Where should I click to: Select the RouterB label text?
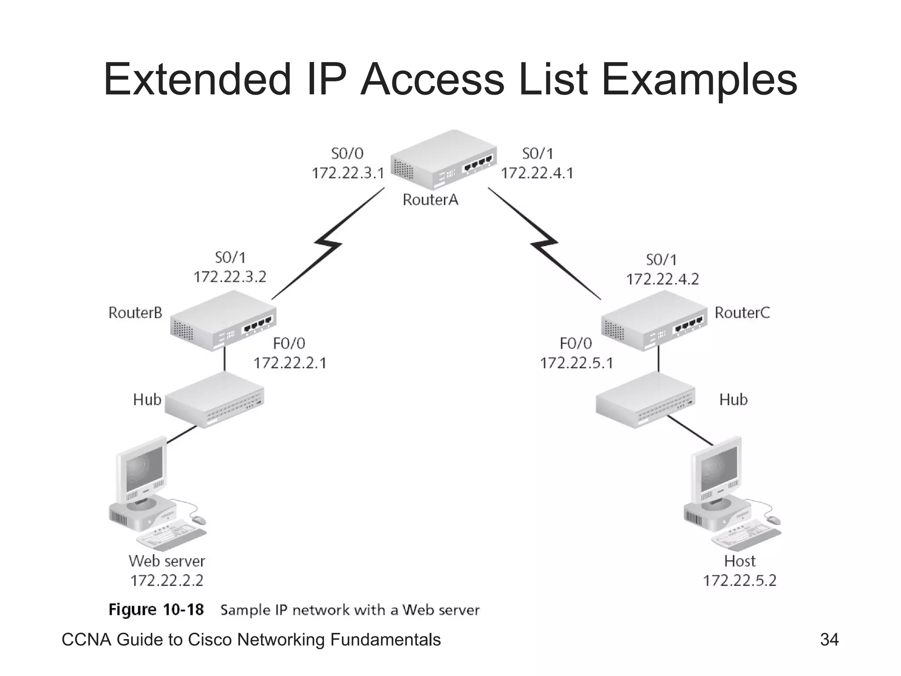(x=135, y=313)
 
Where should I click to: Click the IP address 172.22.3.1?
(x=348, y=173)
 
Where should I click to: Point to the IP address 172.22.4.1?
(x=537, y=173)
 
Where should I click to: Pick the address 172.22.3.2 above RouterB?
(x=230, y=277)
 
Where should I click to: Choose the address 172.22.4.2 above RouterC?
(x=662, y=279)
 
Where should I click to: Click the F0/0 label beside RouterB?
(x=289, y=343)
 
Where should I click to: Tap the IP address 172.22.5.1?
(x=576, y=363)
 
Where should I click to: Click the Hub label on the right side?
(x=733, y=400)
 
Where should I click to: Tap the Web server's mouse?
(x=199, y=520)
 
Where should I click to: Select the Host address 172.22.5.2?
(x=740, y=581)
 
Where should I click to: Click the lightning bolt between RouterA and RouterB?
(x=328, y=243)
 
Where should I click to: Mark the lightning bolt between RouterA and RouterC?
(x=544, y=243)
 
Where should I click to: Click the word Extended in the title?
(x=197, y=79)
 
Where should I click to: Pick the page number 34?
(x=829, y=639)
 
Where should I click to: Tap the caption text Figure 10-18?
(x=156, y=610)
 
